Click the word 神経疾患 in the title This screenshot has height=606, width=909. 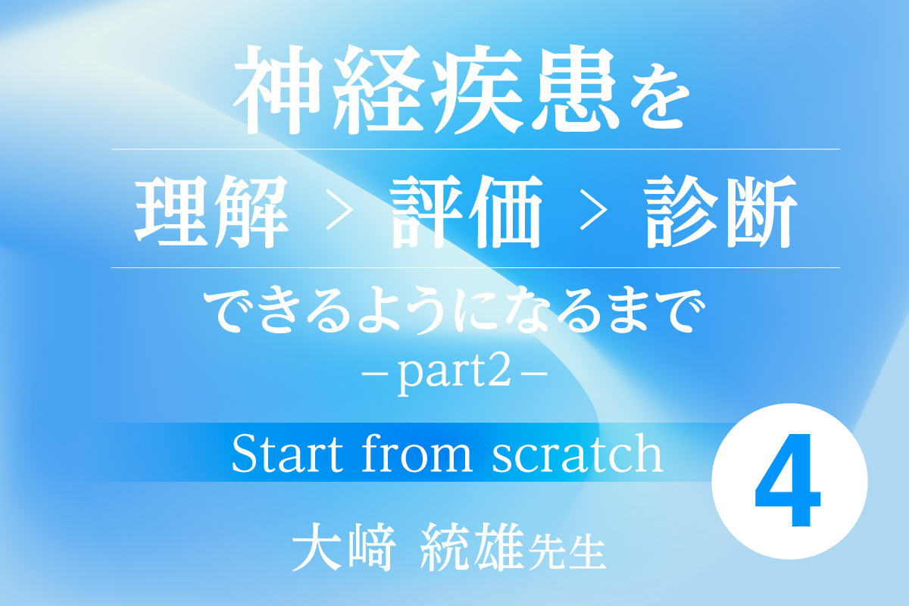(x=425, y=89)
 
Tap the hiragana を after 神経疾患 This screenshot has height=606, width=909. (x=658, y=98)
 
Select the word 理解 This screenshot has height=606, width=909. (x=211, y=211)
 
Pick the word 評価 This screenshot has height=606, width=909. (x=467, y=211)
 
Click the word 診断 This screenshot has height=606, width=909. (x=721, y=211)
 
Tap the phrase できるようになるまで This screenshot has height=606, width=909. (x=454, y=311)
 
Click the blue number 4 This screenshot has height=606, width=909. (x=787, y=480)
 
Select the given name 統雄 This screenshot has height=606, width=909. (x=471, y=547)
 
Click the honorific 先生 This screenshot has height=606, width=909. (x=567, y=552)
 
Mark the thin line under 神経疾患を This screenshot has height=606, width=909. (x=476, y=149)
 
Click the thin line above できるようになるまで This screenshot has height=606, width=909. (x=476, y=268)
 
